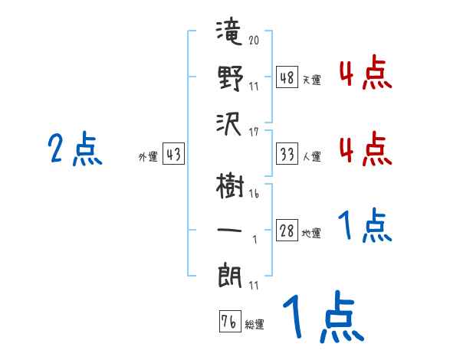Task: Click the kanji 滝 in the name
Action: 229,31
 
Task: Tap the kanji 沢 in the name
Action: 228,124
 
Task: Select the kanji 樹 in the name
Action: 230,186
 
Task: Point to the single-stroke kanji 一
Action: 229,230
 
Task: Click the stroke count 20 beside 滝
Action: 254,40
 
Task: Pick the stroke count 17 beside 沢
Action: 254,132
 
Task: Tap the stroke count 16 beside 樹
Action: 254,194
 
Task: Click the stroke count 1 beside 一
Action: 255,240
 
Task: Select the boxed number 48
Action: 287,77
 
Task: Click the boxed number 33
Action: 287,154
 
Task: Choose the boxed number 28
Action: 287,230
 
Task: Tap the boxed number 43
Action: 173,153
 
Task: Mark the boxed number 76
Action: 230,321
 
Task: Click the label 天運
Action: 311,80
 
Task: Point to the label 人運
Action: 311,156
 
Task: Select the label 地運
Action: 311,234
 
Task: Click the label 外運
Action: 148,156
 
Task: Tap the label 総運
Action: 255,325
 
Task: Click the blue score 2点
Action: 75,149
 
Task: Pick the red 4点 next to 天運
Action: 366,72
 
